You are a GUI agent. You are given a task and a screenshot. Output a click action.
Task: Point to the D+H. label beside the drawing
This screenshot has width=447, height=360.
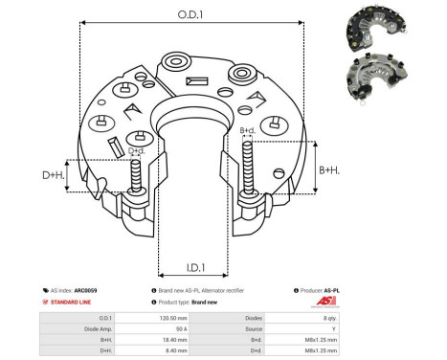pyautogui.click(x=55, y=174)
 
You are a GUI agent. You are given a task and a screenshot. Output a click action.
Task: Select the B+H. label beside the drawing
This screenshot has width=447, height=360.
pyautogui.click(x=329, y=170)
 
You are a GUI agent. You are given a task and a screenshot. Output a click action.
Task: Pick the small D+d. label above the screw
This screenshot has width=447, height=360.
pyautogui.click(x=137, y=149)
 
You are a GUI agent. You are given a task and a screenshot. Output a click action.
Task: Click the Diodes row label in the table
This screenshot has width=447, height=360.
pyautogui.click(x=253, y=317)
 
